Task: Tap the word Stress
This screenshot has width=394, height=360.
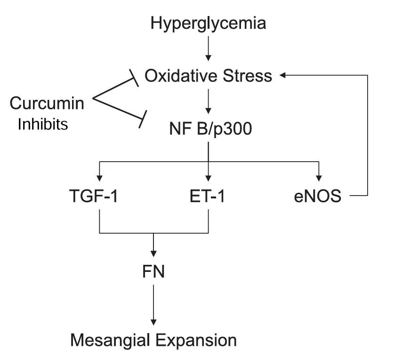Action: (x=249, y=76)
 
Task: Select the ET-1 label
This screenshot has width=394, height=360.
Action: (x=208, y=196)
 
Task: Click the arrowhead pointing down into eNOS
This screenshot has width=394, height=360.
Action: (x=319, y=177)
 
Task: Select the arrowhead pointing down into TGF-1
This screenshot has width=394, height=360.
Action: (x=99, y=177)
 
